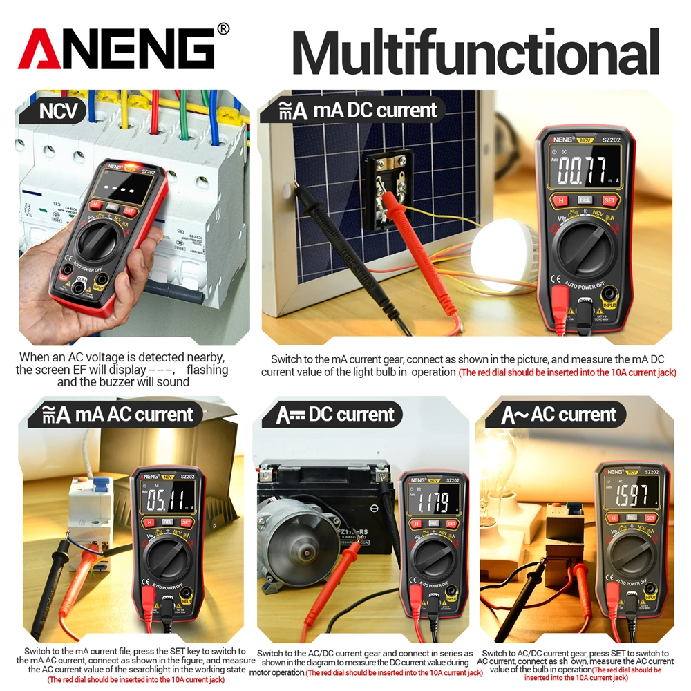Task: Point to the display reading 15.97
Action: pos(631,495)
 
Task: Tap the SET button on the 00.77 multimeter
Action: pos(609,200)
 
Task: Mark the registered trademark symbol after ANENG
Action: pos(223,29)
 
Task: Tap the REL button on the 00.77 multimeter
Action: pos(585,200)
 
